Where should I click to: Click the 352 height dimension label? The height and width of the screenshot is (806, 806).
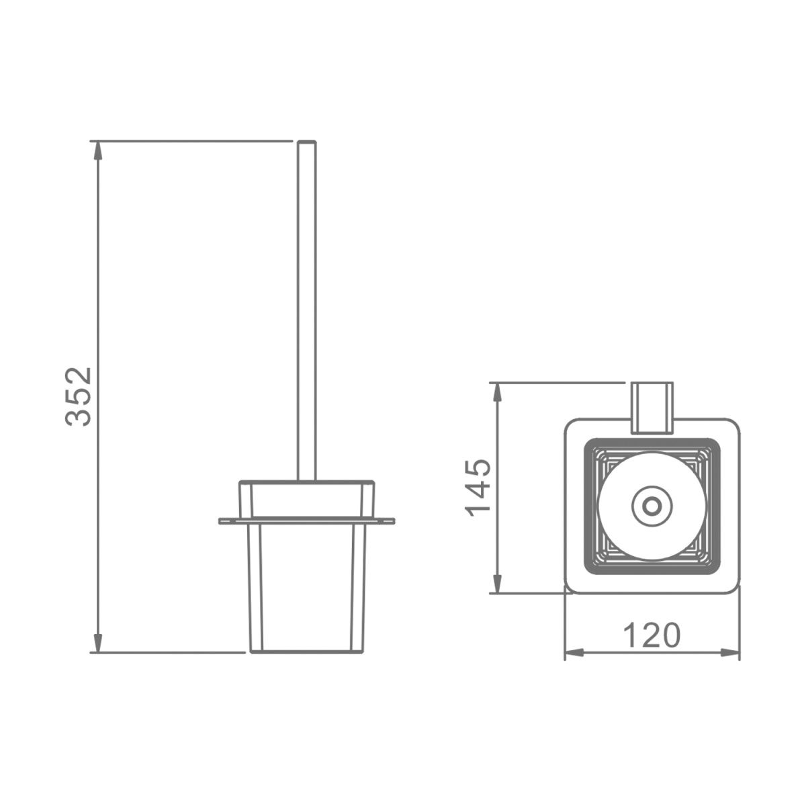coord(79,396)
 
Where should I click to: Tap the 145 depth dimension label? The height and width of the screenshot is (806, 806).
coord(478,488)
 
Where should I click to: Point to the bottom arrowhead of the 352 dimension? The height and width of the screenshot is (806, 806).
coord(98,643)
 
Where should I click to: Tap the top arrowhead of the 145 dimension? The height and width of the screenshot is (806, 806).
coord(497,392)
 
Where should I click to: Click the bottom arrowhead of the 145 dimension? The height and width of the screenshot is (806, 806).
coord(497,584)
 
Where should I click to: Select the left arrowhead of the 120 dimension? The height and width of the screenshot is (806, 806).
coord(574,652)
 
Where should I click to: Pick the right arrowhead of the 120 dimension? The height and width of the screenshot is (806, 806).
coord(730,652)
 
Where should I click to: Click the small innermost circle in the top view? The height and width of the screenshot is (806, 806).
coord(652,507)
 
